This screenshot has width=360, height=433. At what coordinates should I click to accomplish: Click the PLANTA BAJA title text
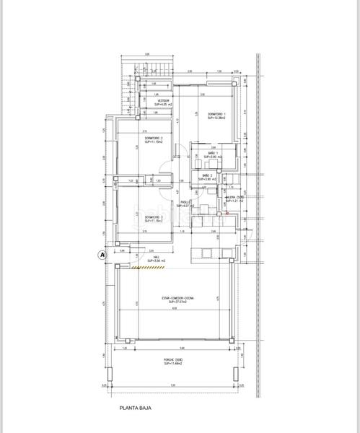click(x=136, y=408)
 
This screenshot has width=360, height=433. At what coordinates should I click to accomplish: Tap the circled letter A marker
click(x=102, y=254)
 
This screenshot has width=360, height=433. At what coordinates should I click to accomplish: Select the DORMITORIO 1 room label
click(x=216, y=115)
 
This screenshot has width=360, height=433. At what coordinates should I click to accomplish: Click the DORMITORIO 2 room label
click(x=153, y=138)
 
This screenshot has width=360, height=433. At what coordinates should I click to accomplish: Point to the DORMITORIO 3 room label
click(x=153, y=217)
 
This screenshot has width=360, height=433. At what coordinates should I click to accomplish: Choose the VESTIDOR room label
click(x=164, y=100)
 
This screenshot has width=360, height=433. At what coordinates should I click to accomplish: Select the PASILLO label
click(x=186, y=203)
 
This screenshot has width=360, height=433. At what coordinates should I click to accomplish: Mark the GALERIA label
click(x=235, y=196)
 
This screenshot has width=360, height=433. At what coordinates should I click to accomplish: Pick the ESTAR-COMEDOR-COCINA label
click(x=177, y=297)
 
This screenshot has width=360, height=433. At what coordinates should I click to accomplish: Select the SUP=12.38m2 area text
click(x=216, y=119)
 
